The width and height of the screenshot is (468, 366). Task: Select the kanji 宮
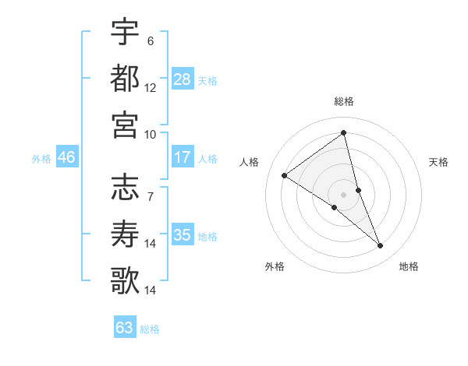[126, 125]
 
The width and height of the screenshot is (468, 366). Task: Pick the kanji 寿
[126, 234]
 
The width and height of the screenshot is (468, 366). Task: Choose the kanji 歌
[126, 280]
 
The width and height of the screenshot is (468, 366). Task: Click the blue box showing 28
[183, 79]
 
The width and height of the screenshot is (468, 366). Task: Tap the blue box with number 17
[183, 157]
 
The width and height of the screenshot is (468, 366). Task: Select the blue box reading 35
[183, 235]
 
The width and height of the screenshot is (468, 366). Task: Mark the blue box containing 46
[66, 157]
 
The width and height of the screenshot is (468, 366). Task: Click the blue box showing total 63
[124, 328]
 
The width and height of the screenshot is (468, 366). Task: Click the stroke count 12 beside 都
[151, 88]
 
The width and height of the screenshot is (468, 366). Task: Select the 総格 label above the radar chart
[343, 101]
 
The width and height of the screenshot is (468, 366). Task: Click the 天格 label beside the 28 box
[207, 81]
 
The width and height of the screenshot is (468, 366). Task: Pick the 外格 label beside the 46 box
[41, 159]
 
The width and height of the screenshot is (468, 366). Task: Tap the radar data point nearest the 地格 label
[381, 246]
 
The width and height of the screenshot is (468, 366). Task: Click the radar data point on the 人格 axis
[285, 175]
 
